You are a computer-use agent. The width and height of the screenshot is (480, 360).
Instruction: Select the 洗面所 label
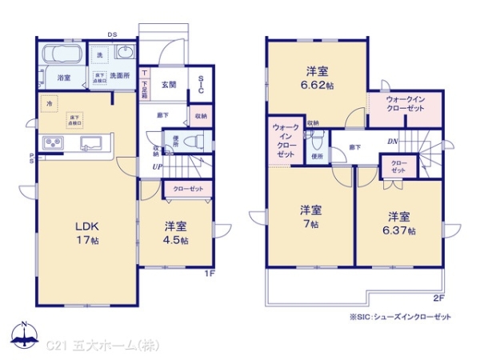coord(121,77)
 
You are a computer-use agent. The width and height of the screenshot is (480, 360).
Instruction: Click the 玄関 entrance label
coord(170,84)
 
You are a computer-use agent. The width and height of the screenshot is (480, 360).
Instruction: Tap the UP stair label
coord(159,166)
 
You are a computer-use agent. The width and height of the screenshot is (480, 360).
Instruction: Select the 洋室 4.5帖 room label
coord(176,233)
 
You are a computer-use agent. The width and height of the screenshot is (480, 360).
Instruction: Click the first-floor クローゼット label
coord(188,189)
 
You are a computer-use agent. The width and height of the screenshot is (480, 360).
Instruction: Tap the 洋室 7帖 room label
coord(310,218)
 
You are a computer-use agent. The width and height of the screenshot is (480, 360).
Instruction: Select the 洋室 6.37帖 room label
coord(398,223)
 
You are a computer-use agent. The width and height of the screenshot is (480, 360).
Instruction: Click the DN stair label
coord(393,142)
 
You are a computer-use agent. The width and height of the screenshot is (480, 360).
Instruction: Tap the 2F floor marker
coord(438,298)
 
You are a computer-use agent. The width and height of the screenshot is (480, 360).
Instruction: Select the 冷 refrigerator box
coord(48,104)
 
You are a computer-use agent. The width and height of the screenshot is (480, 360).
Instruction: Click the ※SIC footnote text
coord(400,317)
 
